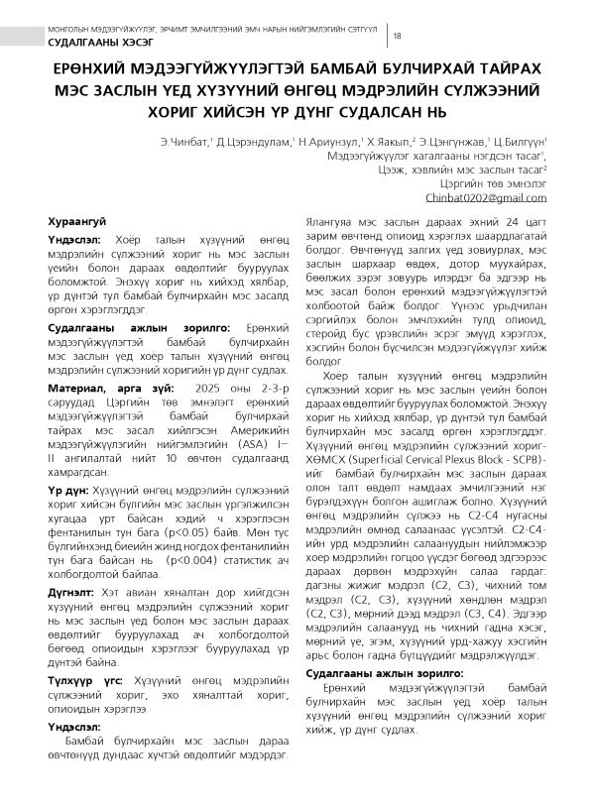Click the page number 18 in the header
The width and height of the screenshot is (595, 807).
398,37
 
